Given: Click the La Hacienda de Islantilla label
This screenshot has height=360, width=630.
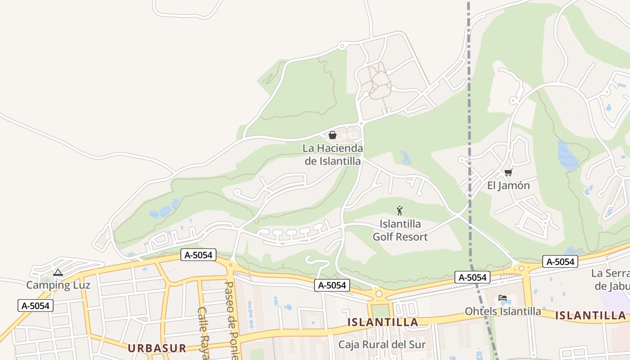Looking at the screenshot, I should (333, 154).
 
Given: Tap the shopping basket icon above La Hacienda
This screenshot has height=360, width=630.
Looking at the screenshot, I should (333, 135).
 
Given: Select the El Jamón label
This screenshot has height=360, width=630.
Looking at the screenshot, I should (508, 185).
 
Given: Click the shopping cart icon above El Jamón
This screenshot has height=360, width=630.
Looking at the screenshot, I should (508, 172).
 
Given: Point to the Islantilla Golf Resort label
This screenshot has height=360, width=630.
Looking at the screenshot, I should (400, 230).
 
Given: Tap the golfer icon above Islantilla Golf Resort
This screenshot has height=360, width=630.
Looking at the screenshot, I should (399, 210).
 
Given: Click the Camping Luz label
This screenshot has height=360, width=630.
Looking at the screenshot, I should (58, 285).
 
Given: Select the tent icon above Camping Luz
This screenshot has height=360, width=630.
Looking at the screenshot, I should (58, 272).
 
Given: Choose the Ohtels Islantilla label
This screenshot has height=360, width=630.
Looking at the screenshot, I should (503, 311).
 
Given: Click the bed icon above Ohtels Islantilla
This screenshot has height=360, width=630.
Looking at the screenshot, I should (503, 298).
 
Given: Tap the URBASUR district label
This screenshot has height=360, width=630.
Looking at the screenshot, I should (157, 348).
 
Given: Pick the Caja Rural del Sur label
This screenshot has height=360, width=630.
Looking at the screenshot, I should (382, 345).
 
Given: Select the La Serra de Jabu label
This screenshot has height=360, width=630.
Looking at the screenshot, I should (610, 279).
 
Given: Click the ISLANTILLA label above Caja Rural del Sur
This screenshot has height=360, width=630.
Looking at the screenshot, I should (383, 322).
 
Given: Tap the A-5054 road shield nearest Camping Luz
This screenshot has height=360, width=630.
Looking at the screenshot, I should (36, 306).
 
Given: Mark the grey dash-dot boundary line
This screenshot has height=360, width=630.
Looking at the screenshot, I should (469, 135).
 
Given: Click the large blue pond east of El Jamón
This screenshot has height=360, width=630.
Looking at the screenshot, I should (568, 155).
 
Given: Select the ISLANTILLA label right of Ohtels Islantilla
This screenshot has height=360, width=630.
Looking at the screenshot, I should (590, 315).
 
